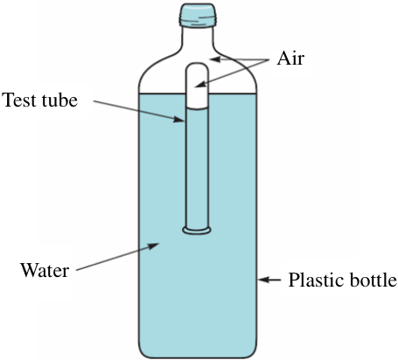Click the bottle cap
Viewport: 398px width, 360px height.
click(x=198, y=15)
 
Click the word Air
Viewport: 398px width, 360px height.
click(x=290, y=59)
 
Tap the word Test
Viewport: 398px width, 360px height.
click(x=19, y=100)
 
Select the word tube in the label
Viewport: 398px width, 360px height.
click(x=59, y=100)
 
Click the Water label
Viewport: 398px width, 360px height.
click(x=45, y=270)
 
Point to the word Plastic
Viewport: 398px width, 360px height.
click(x=317, y=280)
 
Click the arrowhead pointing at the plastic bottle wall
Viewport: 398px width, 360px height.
click(x=263, y=280)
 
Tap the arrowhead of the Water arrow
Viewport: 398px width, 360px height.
click(x=153, y=246)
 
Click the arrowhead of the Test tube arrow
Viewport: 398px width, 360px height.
click(x=179, y=119)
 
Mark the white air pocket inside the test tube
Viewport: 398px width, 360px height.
click(x=197, y=87)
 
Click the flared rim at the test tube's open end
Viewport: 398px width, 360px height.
click(x=197, y=231)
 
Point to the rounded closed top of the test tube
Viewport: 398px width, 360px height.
click(x=197, y=67)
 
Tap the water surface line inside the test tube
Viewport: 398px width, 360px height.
click(x=197, y=108)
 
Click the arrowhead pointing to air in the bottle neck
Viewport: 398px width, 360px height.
click(x=215, y=59)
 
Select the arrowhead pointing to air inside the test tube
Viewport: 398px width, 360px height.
click(x=200, y=85)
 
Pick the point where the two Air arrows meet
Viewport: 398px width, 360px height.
click(x=269, y=59)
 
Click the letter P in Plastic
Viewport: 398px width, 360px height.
click(x=294, y=280)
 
